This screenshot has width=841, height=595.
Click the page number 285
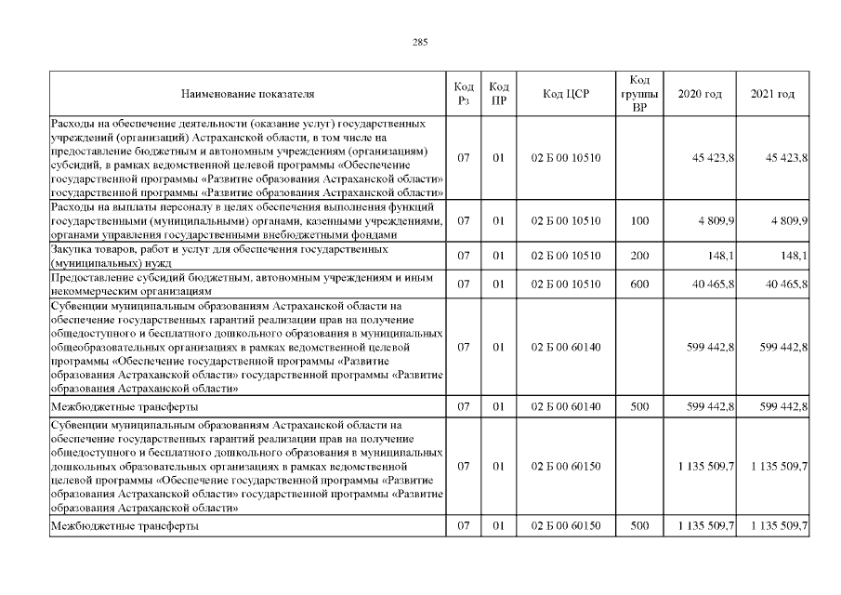click(x=420, y=41)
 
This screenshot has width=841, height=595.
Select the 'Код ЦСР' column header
click(x=566, y=94)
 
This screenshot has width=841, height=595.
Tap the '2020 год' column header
click(x=700, y=94)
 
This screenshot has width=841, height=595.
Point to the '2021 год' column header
click(x=772, y=94)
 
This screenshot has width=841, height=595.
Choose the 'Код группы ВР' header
click(x=638, y=94)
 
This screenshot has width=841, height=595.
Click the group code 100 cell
click(x=638, y=221)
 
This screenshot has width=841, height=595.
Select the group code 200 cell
click(x=638, y=256)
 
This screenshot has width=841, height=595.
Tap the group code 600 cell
click(x=638, y=284)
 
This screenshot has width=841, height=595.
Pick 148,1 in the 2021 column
click(x=791, y=256)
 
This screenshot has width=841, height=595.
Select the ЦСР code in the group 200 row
click(x=566, y=256)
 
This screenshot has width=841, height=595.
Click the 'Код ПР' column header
click(x=498, y=94)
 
